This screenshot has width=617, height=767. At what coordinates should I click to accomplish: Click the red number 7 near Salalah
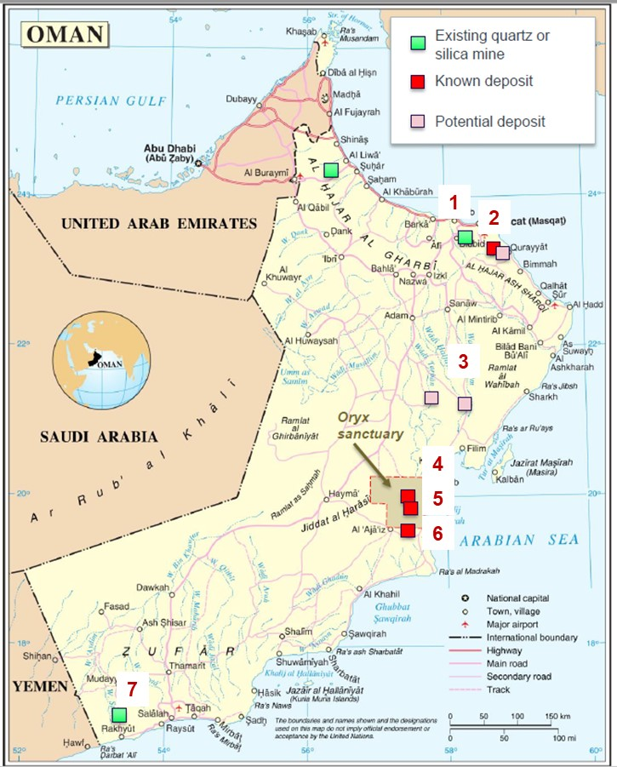point(130,687)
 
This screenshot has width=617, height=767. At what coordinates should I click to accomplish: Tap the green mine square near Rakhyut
point(119,714)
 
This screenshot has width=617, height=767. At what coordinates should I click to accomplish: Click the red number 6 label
point(437,534)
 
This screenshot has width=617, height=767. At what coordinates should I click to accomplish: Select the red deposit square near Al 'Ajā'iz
point(408,530)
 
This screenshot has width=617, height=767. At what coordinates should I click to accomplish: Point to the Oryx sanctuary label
point(368,425)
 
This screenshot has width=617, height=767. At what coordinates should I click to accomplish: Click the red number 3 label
point(462,361)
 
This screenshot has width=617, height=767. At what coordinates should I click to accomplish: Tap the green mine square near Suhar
point(330,169)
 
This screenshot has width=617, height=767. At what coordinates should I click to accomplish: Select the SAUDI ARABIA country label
point(99,437)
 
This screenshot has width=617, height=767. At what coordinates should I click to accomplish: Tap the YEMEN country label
point(34,686)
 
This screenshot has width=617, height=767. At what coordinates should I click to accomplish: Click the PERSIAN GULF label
point(100,100)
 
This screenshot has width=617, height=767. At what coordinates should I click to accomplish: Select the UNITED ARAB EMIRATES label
point(158,224)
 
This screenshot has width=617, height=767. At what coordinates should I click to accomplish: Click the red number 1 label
point(454,203)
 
